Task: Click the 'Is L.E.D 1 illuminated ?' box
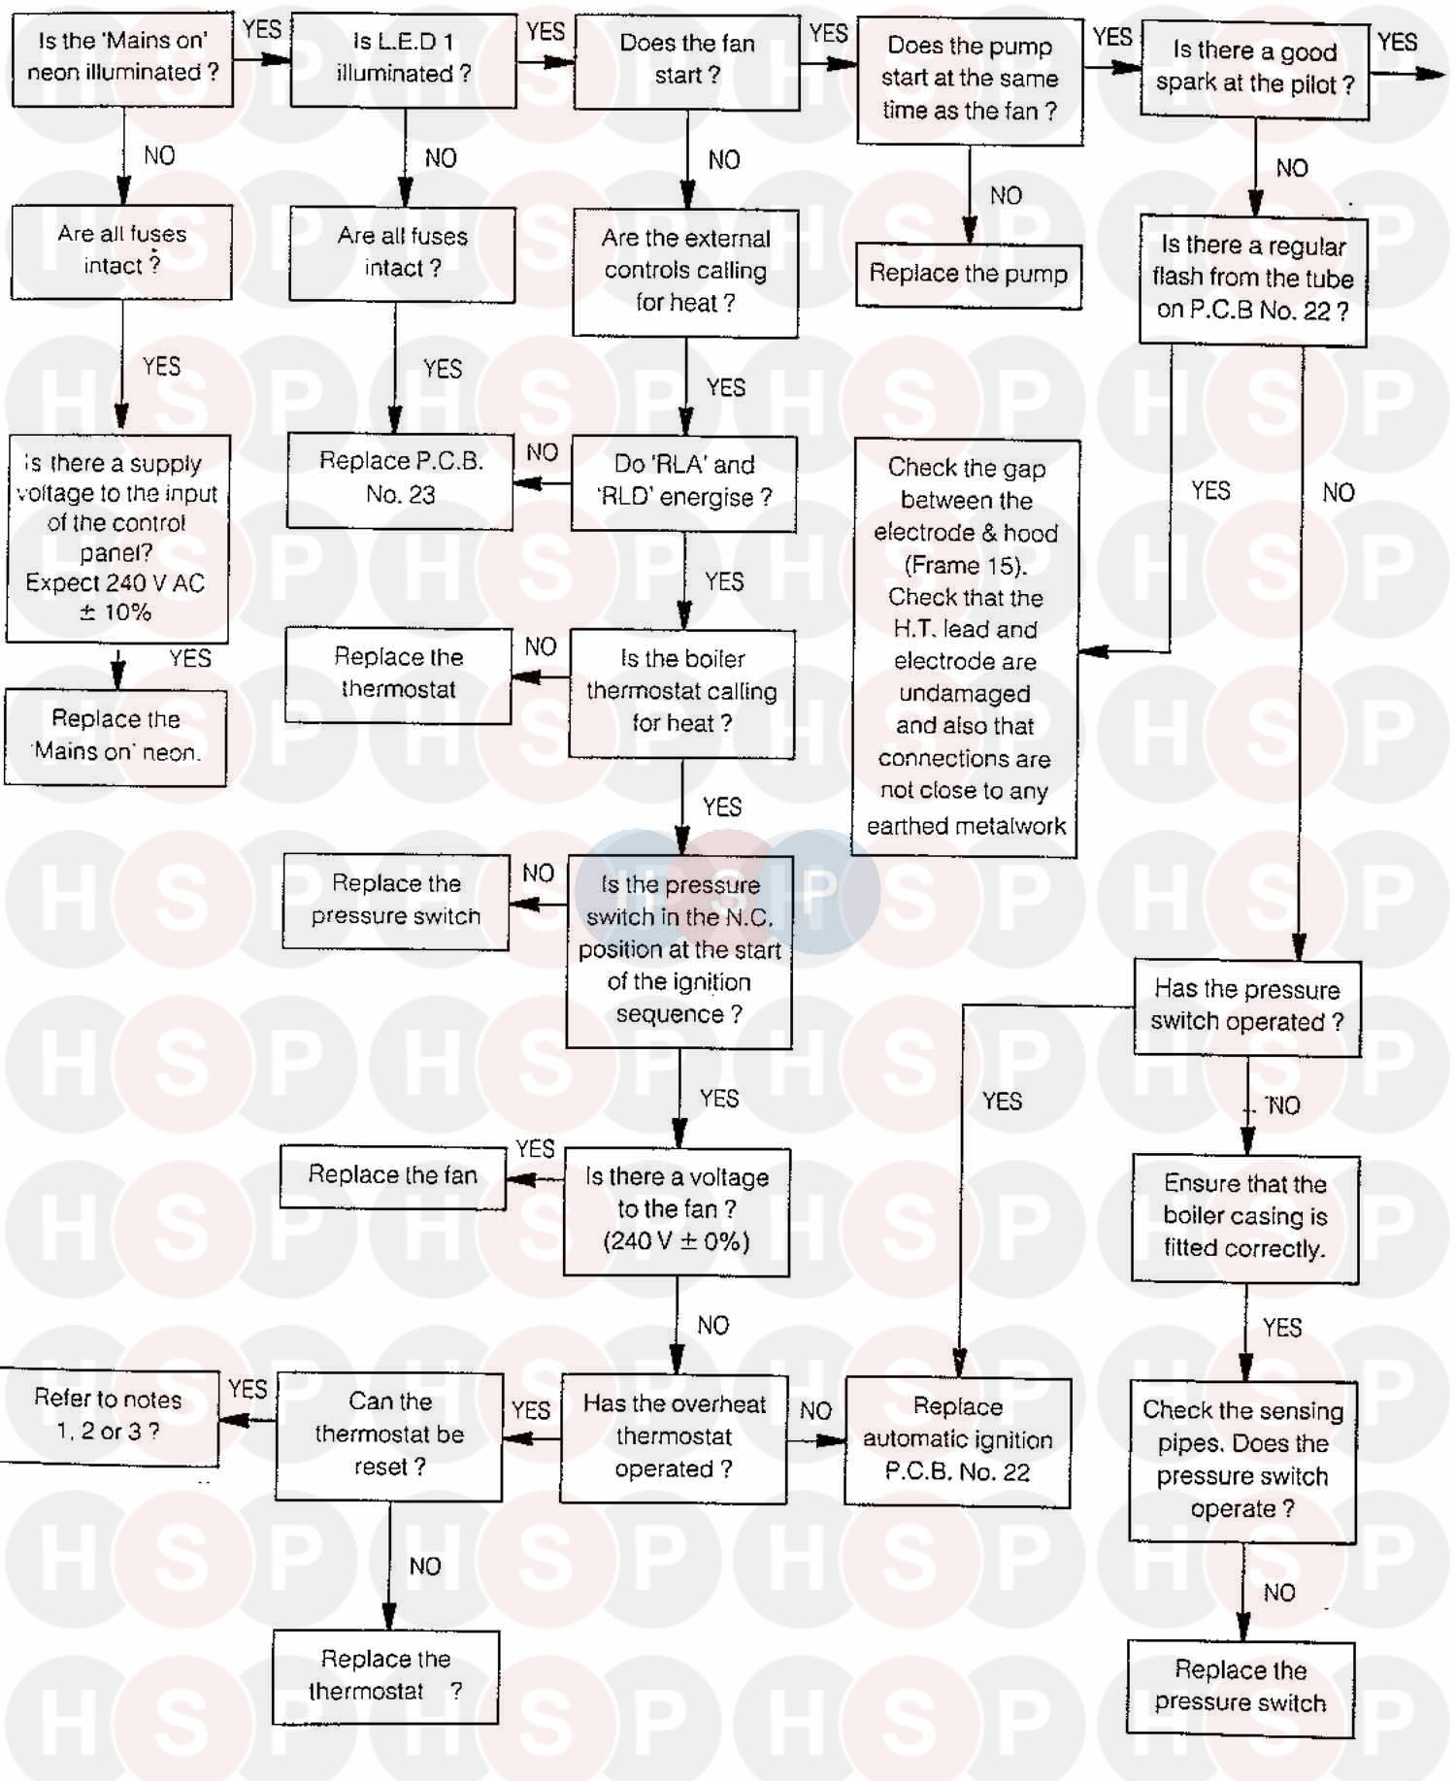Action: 403,59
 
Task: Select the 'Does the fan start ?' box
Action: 686,61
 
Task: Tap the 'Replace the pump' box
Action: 968,275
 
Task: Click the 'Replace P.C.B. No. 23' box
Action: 400,479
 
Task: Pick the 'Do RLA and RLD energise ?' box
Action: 683,482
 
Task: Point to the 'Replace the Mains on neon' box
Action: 116,737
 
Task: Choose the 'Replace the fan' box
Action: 393,1176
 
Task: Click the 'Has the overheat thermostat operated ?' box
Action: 674,1437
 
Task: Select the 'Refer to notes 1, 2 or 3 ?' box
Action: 109,1416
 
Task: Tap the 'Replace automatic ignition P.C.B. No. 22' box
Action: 957,1440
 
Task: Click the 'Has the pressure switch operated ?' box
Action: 1247,1006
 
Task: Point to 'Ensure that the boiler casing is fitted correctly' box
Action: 1245,1218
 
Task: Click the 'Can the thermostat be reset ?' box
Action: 389,1435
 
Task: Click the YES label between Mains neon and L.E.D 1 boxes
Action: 262,29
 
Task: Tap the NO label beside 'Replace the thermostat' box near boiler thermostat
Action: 541,647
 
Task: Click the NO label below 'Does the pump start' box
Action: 1006,196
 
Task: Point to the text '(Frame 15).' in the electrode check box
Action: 965,565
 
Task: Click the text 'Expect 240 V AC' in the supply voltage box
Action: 115,583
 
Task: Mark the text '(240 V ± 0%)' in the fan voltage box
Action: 677,1241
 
